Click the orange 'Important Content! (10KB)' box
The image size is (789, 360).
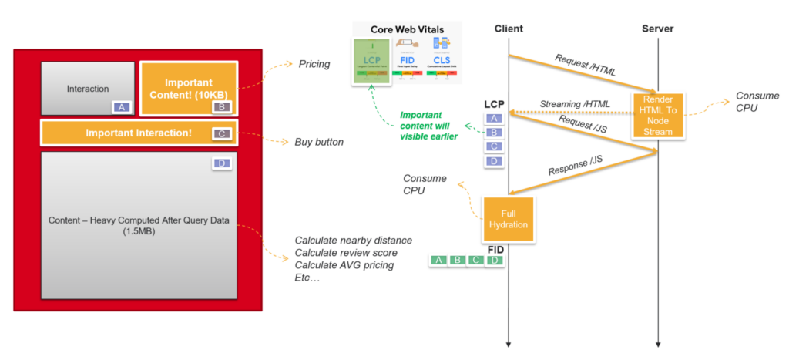tap(189, 89)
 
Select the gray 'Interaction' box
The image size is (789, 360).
tap(87, 89)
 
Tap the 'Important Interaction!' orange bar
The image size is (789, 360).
tap(139, 133)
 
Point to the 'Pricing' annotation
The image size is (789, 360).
tap(314, 64)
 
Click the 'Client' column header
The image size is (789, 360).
tap(509, 29)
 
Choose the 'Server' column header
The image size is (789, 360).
tap(657, 29)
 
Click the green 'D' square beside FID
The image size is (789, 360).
tap(495, 260)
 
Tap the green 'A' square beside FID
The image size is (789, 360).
tap(438, 260)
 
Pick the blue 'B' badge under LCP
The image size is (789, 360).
tap(494, 132)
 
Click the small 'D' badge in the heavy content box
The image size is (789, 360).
tap(220, 163)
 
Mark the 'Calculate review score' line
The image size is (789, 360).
tap(346, 253)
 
